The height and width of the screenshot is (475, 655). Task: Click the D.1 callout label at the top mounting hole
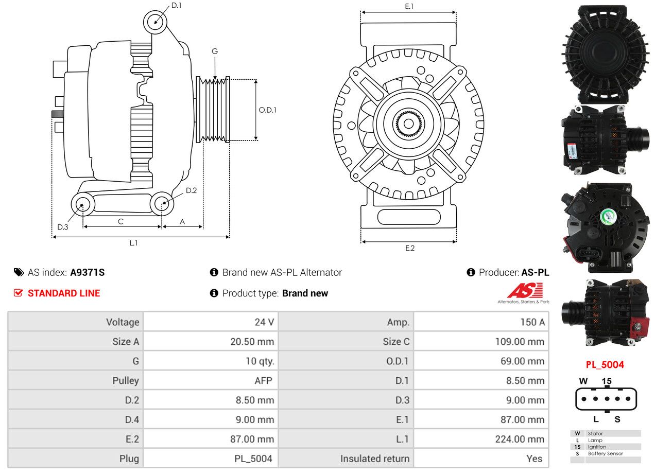tap(176, 5)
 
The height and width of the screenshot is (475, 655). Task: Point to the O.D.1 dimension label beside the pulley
tap(267, 110)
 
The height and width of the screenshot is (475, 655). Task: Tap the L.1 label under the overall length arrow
tap(133, 242)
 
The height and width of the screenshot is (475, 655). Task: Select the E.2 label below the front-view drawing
tap(410, 248)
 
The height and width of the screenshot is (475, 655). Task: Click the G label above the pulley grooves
tap(215, 51)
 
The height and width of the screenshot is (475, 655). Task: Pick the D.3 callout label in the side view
tap(63, 227)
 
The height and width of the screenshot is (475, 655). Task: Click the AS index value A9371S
tap(87, 272)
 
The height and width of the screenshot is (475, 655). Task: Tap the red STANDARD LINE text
tap(64, 293)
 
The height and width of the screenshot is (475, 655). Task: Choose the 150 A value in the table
tap(532, 322)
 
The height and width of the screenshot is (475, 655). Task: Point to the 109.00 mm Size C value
tap(520, 341)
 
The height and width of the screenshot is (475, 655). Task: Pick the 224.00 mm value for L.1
tap(520, 439)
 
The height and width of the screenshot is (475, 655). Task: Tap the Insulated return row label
tap(374, 459)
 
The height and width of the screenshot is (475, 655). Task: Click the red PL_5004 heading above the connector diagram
tap(605, 364)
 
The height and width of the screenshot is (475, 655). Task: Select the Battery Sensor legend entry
tap(605, 453)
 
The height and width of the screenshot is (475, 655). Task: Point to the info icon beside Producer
tap(471, 272)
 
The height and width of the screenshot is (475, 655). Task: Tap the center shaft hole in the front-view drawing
tap(408, 124)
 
